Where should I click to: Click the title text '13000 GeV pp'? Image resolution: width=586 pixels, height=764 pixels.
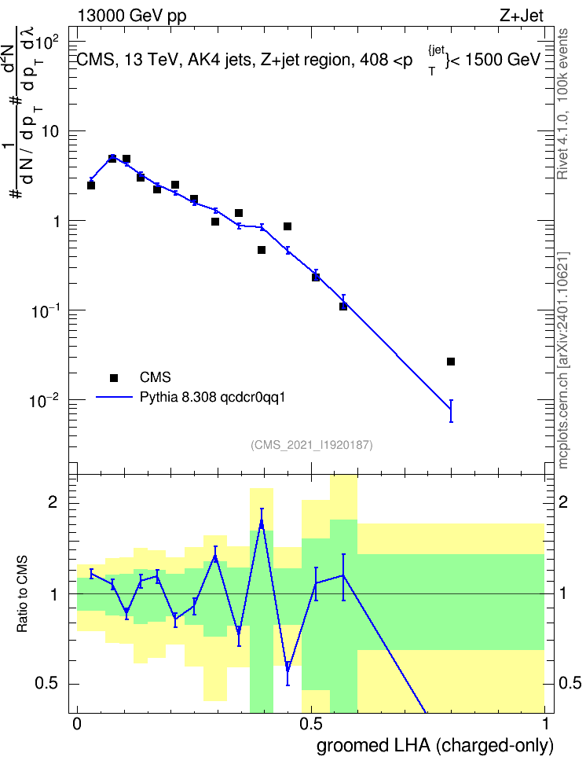click(131, 16)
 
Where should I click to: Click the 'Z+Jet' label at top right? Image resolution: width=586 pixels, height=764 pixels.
click(522, 16)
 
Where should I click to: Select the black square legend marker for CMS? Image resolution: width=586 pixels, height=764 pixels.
click(114, 377)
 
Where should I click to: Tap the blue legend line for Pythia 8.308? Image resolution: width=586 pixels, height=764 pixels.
click(114, 397)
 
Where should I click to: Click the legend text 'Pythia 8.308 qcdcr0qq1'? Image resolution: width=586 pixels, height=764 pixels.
click(212, 398)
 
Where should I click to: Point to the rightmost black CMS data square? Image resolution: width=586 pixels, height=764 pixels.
click(451, 362)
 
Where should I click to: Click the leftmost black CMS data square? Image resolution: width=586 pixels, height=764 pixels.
click(91, 185)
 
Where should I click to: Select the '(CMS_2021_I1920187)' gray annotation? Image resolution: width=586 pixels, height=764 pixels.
click(312, 445)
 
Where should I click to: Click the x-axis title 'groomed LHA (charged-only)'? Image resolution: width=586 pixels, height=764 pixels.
click(435, 745)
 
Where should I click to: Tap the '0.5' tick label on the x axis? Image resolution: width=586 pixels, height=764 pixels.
click(311, 724)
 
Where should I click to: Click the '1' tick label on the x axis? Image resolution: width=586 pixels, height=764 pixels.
click(545, 724)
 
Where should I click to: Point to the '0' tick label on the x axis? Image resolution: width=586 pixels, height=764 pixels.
click(77, 724)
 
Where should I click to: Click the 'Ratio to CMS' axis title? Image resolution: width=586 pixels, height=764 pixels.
click(22, 594)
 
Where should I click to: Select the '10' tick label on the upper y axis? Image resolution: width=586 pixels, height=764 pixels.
click(49, 131)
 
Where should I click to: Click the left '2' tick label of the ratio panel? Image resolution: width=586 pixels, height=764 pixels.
click(53, 502)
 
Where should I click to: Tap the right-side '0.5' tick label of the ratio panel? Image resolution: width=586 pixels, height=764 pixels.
click(570, 683)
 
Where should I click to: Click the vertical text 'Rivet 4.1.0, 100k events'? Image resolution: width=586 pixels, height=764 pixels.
click(562, 104)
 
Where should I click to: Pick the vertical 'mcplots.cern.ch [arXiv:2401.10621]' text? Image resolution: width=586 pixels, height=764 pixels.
click(563, 360)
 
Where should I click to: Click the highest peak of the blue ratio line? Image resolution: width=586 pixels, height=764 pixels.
click(262, 523)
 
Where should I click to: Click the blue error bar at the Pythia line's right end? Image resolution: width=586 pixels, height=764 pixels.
click(451, 411)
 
